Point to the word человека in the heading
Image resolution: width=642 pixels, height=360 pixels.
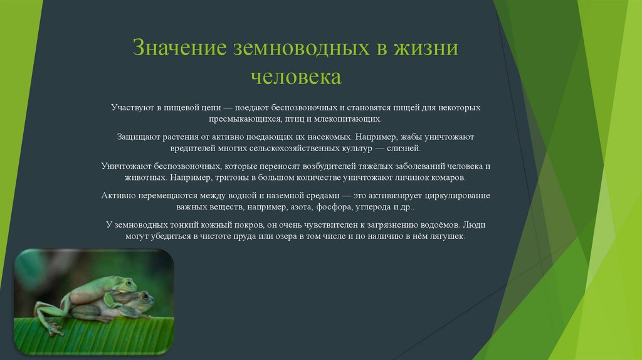coord(296,77)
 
